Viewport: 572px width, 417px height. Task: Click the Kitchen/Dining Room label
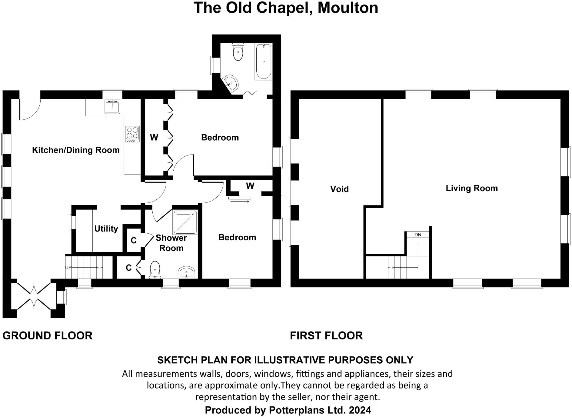[76, 150]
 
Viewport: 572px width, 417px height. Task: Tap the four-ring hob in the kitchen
[132, 134]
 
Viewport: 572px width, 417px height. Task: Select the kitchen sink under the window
[112, 106]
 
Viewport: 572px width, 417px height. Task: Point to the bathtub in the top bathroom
[264, 62]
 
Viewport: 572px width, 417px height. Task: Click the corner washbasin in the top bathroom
[231, 82]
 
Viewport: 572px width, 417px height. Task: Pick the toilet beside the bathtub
[238, 52]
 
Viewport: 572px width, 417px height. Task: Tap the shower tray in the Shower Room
[185, 222]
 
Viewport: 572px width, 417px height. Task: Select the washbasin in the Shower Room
[186, 272]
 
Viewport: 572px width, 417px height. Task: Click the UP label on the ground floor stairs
[68, 268]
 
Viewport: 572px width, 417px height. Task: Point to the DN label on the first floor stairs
[418, 235]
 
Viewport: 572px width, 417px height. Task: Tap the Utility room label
[106, 229]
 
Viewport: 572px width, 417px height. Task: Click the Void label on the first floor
[339, 189]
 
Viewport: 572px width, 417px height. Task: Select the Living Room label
[472, 188]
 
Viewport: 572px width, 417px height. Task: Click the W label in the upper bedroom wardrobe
[154, 138]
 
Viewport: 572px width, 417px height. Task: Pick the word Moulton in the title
[348, 8]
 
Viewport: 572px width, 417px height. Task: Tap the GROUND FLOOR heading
[48, 335]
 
